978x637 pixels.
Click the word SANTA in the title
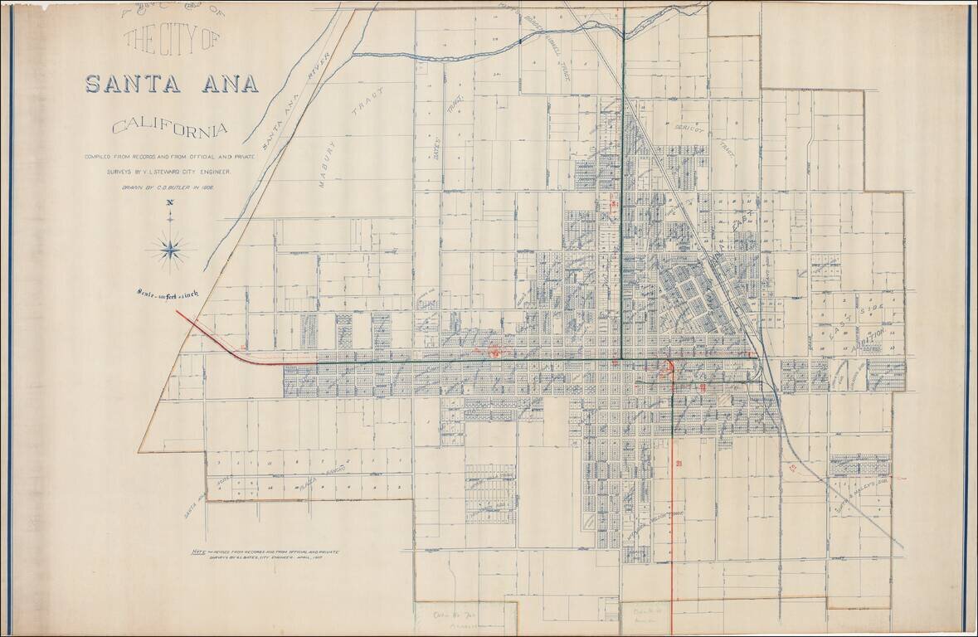click(x=136, y=85)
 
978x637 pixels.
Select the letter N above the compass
click(x=170, y=202)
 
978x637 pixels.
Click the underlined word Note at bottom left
click(x=197, y=550)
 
